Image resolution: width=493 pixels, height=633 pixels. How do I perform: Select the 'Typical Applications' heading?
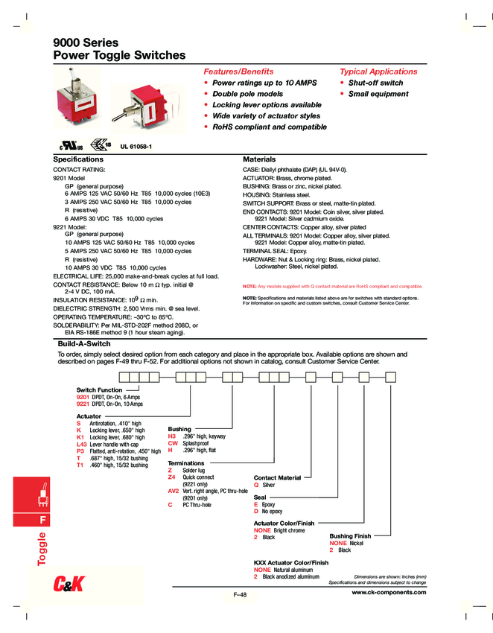click(x=378, y=71)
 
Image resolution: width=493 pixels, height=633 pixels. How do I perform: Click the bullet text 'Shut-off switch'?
click(x=375, y=83)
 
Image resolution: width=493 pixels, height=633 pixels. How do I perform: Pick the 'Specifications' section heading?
click(x=78, y=159)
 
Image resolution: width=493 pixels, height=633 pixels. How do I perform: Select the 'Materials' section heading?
click(x=259, y=159)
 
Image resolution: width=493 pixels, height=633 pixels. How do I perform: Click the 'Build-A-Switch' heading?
click(x=84, y=344)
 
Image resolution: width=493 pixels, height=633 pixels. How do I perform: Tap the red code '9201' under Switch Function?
click(x=83, y=398)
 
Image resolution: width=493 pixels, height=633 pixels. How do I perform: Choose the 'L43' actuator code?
click(x=82, y=444)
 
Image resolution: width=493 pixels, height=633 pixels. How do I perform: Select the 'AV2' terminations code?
click(x=174, y=492)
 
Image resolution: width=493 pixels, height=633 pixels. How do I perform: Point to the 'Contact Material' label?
click(x=277, y=477)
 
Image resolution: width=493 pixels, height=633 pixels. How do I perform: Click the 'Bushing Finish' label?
click(x=350, y=536)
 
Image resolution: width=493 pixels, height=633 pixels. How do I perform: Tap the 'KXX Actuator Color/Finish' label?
click(x=291, y=563)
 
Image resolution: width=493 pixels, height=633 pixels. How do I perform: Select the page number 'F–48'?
click(x=241, y=594)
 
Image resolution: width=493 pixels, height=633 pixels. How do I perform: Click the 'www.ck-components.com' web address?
click(x=389, y=592)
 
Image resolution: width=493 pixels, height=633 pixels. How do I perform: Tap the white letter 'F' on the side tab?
click(x=43, y=518)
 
